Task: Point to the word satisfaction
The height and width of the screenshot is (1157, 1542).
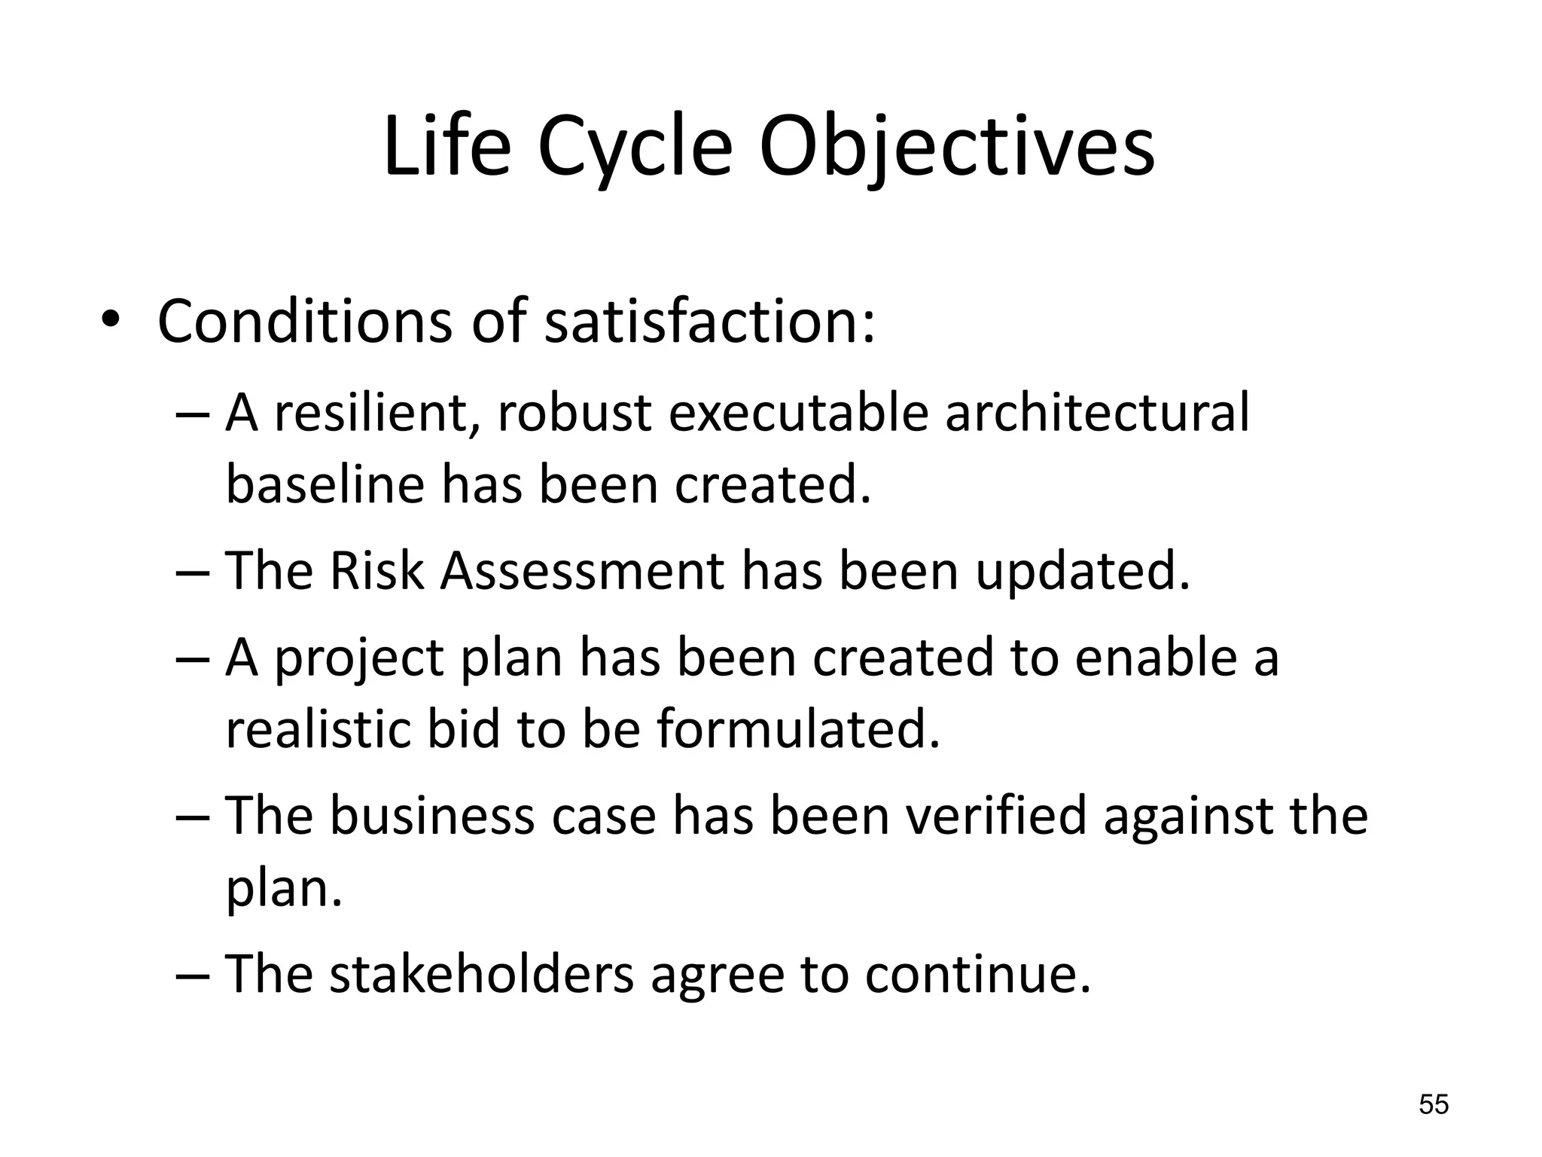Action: (x=709, y=322)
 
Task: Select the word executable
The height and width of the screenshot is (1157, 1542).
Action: (x=798, y=414)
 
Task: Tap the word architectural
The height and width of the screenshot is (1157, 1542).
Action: (x=1096, y=414)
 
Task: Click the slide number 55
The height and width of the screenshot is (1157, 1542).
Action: (x=1434, y=1105)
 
